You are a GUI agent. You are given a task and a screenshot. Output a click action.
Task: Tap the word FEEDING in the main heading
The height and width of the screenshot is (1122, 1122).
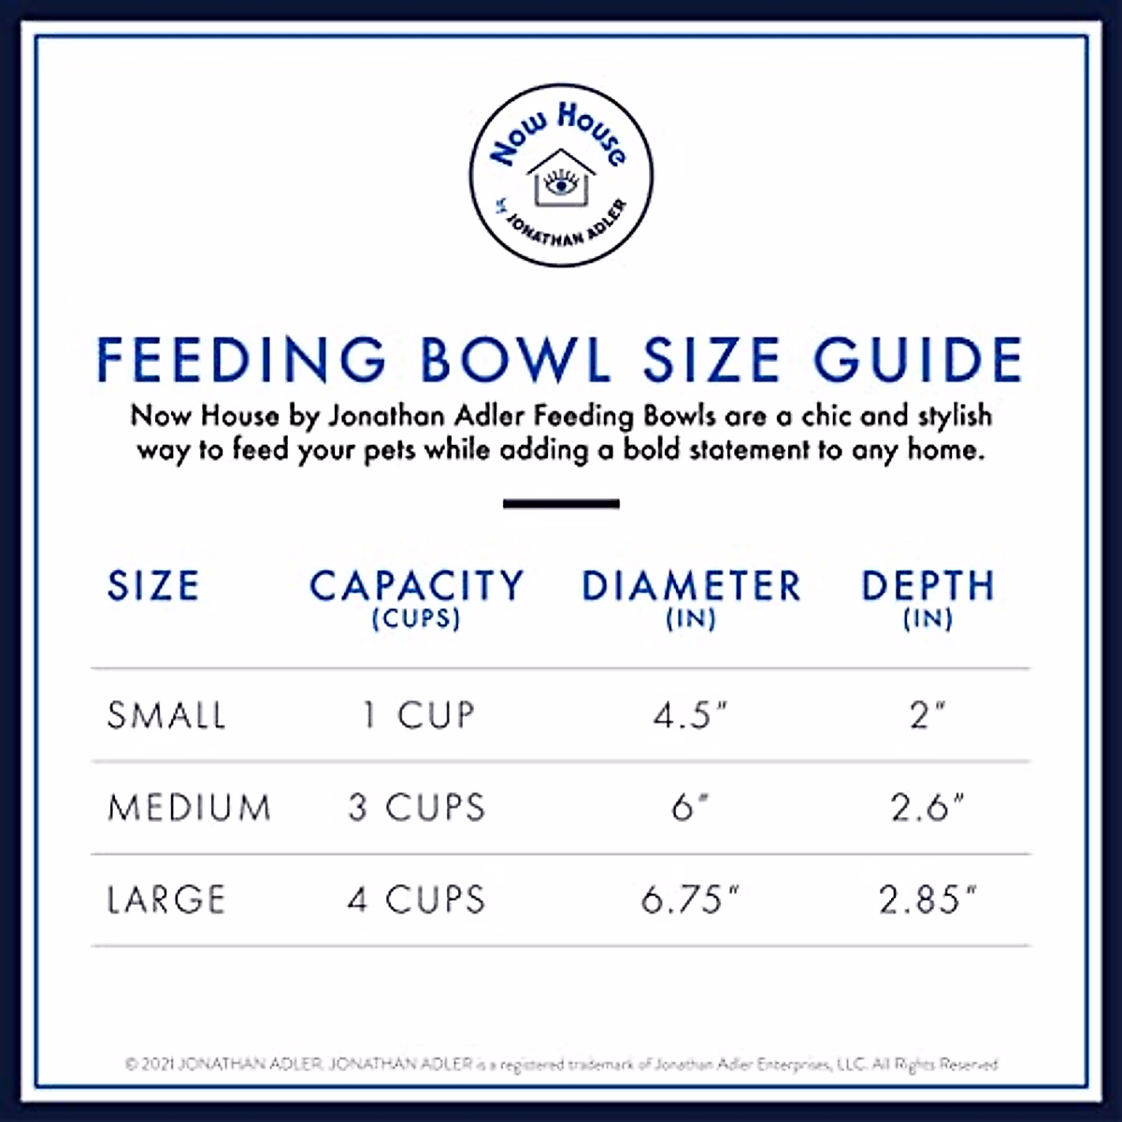click(241, 360)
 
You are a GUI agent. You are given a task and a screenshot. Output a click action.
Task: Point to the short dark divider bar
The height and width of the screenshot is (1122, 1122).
click(561, 504)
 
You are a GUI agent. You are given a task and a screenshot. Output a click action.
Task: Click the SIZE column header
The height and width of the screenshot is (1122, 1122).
click(153, 586)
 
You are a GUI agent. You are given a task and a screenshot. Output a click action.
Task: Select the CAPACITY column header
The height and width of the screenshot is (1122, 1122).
click(416, 586)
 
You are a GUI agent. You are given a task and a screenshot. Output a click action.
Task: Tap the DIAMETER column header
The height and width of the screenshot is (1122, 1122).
click(691, 586)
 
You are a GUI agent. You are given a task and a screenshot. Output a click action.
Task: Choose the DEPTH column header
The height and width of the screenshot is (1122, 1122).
click(928, 586)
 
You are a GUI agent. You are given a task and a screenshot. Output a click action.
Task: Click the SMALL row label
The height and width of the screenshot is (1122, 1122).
click(166, 715)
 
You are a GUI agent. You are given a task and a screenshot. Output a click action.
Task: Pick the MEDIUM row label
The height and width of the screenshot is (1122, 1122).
click(189, 807)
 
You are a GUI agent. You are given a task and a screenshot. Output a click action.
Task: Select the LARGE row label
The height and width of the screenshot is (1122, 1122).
click(166, 899)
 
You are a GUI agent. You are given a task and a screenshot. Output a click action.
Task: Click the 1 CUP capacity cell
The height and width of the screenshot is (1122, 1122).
click(418, 715)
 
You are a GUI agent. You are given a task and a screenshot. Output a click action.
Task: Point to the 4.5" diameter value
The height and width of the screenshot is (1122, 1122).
click(690, 715)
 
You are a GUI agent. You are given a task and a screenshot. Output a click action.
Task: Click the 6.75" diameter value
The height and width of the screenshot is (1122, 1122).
click(690, 899)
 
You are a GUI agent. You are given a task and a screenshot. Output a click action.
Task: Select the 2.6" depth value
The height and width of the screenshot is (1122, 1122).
click(927, 807)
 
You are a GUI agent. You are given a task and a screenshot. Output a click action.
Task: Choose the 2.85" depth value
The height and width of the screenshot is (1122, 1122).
click(927, 899)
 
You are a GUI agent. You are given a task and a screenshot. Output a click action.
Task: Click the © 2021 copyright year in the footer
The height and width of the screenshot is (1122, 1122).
click(150, 1064)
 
